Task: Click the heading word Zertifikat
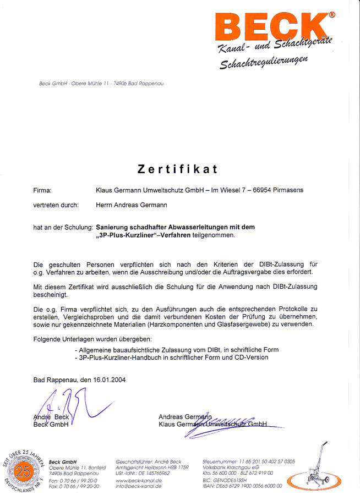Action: coord(177,168)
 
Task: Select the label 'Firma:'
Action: coord(42,190)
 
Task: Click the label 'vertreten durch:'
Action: coord(56,205)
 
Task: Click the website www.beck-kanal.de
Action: coord(139,480)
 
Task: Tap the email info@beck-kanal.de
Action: coord(139,486)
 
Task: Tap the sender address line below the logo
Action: coord(101,84)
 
